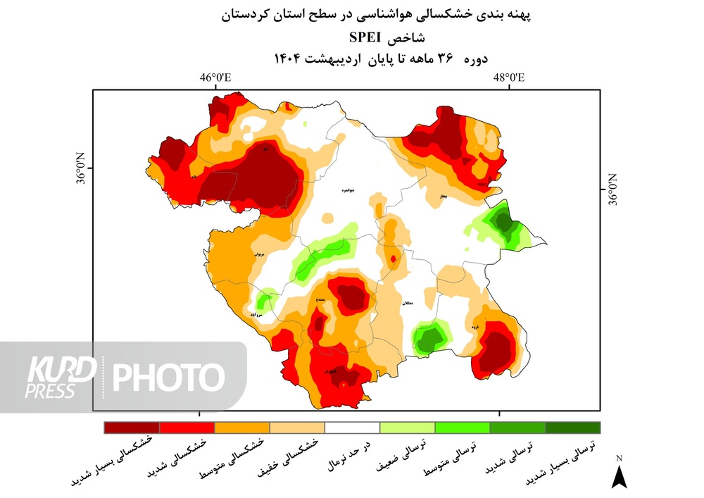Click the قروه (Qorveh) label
(x=477, y=327)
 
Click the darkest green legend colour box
(x=572, y=427)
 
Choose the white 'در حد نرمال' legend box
(x=352, y=427)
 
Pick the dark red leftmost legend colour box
(x=132, y=427)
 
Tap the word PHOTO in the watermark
(x=169, y=378)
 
